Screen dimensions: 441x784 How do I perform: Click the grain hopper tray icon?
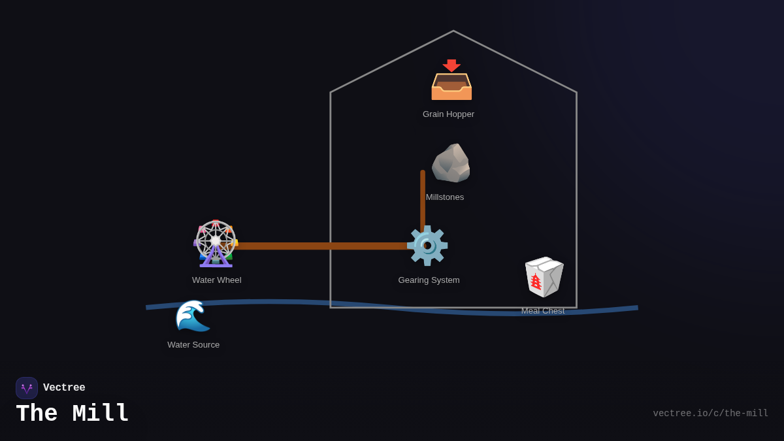point(451,87)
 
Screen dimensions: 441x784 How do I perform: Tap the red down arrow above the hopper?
point(451,65)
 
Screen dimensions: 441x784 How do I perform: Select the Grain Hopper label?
point(448,114)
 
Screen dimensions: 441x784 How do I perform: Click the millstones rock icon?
point(451,163)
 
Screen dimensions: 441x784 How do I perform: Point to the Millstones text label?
point(445,197)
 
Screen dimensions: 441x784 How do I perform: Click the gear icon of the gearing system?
point(427,246)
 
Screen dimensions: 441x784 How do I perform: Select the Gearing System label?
point(429,280)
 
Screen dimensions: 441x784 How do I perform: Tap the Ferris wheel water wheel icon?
point(216,244)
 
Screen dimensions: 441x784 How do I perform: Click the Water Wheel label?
point(216,280)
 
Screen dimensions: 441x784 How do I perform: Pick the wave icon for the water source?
point(193,316)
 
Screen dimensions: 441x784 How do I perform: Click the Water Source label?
point(193,345)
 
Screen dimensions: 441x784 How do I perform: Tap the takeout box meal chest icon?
point(544,276)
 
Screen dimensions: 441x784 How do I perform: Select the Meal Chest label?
point(543,311)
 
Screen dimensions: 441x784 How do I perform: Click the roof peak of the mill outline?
point(453,31)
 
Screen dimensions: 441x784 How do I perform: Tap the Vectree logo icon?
point(27,388)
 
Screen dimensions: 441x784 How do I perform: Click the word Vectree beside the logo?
point(64,388)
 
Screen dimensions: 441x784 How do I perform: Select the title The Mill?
point(73,414)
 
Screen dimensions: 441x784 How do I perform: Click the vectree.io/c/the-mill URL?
point(710,414)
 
